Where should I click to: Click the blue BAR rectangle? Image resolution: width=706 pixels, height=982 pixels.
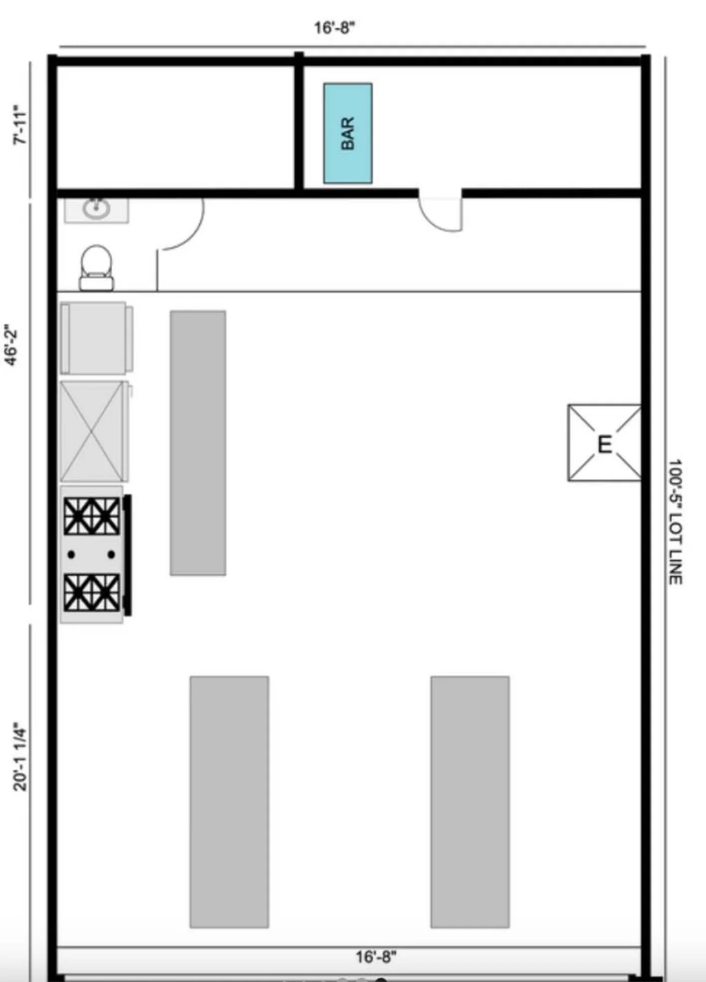click(348, 133)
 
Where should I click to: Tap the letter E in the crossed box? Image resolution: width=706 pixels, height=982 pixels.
click(604, 444)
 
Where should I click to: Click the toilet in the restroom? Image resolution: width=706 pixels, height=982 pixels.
click(97, 268)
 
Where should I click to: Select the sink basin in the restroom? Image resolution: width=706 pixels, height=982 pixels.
click(96, 209)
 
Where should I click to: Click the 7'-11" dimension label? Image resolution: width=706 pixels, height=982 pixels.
click(20, 125)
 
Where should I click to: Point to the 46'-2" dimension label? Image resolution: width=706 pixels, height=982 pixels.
click(12, 347)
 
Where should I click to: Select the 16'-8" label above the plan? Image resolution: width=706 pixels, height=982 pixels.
click(334, 27)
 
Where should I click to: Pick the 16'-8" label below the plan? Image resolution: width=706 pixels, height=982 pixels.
click(376, 957)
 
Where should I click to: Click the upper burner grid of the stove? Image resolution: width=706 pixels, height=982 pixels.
click(92, 516)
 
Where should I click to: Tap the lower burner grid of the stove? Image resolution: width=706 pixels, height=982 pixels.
click(92, 592)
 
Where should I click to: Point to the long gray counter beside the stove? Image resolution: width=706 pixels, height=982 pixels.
click(198, 443)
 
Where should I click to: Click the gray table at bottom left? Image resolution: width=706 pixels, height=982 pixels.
click(229, 802)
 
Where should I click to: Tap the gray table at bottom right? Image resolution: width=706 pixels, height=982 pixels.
click(470, 802)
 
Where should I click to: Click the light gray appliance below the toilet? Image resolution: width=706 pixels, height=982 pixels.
click(97, 337)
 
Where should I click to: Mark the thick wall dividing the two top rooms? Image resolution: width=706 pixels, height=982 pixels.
click(299, 121)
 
